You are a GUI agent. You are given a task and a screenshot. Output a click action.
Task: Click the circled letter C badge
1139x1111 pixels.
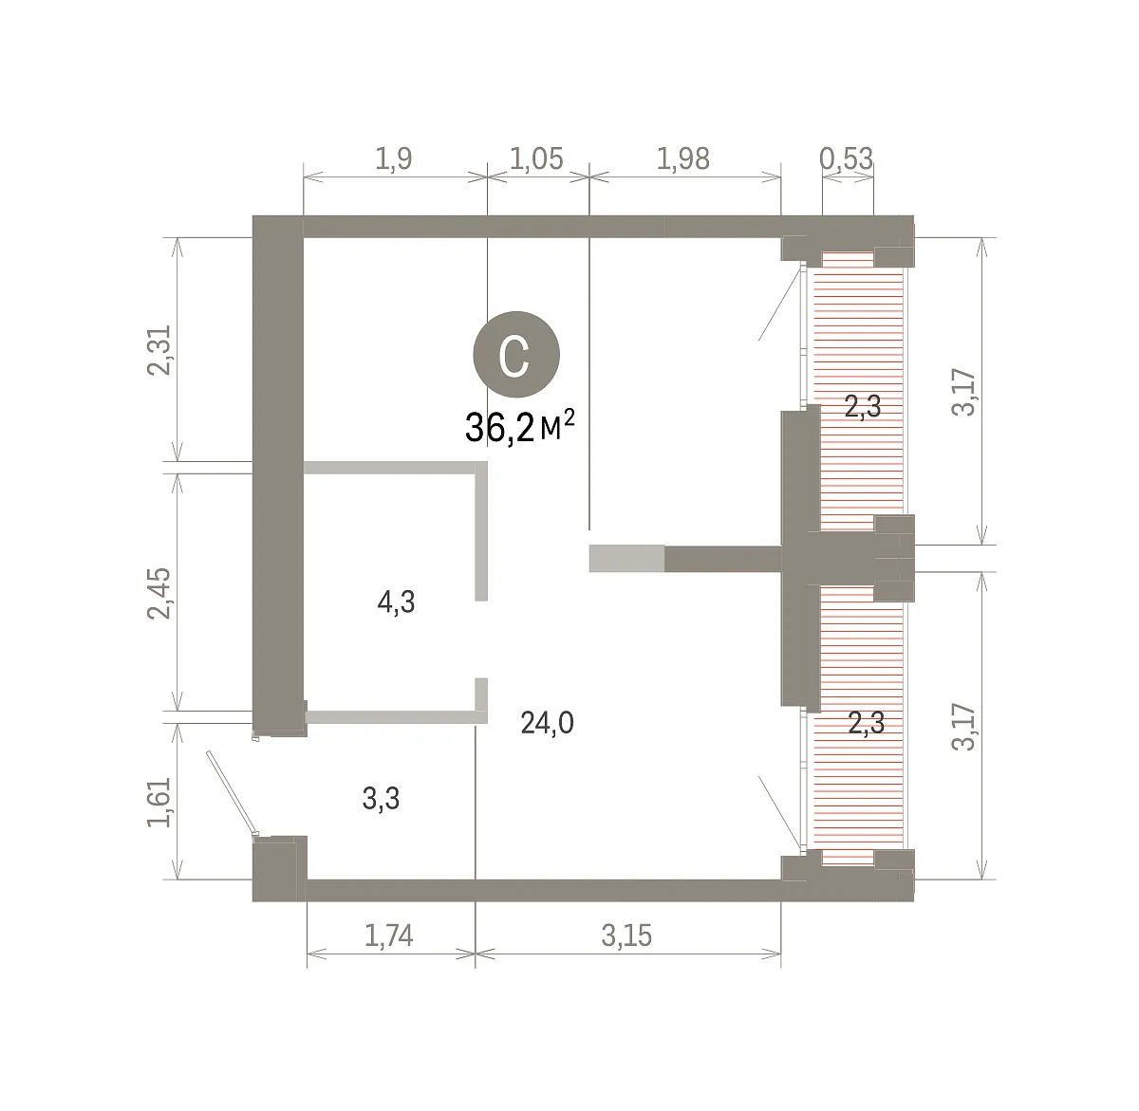(x=516, y=355)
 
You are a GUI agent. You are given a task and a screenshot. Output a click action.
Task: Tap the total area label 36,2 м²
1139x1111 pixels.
(x=520, y=427)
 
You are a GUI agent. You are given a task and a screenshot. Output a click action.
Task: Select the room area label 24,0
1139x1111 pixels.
(x=548, y=723)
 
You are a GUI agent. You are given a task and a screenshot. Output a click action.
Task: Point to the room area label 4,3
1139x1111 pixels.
(x=396, y=602)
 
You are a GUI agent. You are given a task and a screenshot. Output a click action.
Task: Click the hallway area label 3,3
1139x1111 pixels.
(x=381, y=799)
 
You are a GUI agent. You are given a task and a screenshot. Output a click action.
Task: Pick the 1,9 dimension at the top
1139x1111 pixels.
(x=393, y=158)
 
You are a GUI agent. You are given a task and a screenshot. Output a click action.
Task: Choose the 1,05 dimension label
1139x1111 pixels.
(x=536, y=158)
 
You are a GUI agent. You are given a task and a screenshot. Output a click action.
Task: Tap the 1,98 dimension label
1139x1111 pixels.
(x=683, y=158)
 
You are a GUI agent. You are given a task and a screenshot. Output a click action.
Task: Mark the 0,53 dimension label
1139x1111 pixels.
(x=847, y=158)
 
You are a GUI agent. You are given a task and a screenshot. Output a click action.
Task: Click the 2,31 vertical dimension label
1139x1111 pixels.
(x=159, y=350)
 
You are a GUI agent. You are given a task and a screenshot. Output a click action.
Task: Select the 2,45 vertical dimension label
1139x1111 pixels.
(x=159, y=593)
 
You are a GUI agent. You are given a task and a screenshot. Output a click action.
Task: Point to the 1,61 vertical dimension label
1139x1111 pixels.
(x=159, y=802)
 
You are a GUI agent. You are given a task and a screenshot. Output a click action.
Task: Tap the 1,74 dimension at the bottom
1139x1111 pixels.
(x=389, y=935)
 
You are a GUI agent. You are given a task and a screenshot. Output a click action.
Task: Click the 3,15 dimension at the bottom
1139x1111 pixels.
(x=626, y=935)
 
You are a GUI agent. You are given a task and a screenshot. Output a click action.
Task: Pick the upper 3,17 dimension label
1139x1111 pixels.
(x=963, y=392)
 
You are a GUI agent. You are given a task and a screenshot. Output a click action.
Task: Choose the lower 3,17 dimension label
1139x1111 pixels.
(x=963, y=727)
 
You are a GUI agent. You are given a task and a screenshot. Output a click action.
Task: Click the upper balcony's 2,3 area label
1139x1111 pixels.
(x=863, y=406)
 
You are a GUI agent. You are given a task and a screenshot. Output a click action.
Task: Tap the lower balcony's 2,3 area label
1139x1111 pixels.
(x=867, y=723)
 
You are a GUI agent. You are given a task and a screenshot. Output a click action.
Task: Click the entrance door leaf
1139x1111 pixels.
(x=232, y=793)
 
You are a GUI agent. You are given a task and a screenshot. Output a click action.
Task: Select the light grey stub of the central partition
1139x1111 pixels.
(x=626, y=558)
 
